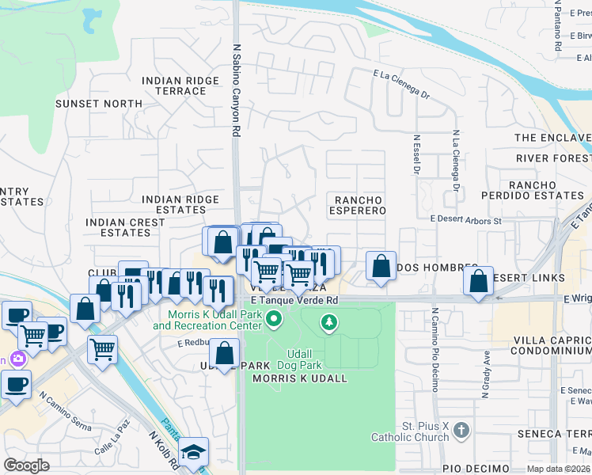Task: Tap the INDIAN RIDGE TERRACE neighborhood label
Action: [174, 85]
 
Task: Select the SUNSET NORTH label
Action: [99, 104]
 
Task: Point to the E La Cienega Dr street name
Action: [401, 83]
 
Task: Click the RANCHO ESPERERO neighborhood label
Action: [359, 206]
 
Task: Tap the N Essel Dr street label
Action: [416, 155]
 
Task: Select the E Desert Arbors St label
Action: [466, 220]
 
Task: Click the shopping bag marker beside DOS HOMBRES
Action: [381, 268]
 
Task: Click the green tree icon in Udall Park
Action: [328, 322]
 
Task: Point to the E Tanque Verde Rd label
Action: [294, 300]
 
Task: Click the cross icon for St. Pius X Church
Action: [462, 430]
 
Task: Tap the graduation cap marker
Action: [193, 452]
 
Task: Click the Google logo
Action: [26, 465]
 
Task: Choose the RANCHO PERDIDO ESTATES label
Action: [546, 190]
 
